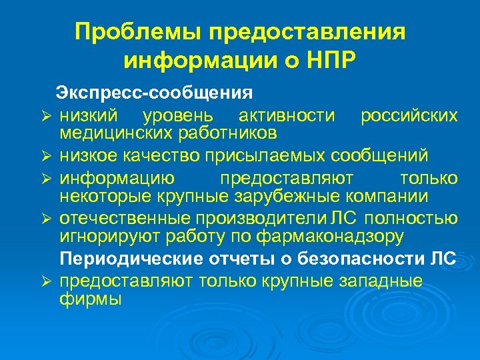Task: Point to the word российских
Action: point(409,115)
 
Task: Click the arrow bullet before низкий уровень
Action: point(45,117)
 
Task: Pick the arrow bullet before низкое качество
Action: point(45,157)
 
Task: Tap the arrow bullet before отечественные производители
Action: point(45,219)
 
